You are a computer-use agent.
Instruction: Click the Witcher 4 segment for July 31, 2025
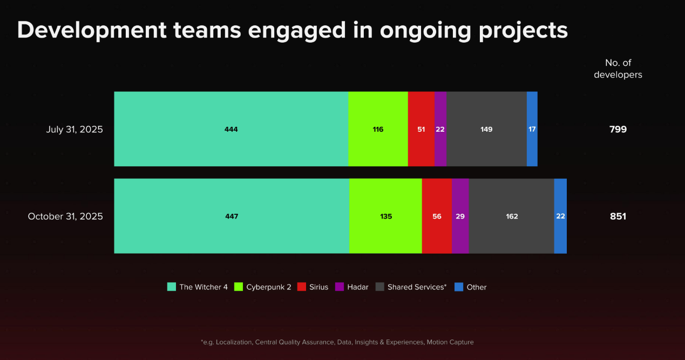coord(231,129)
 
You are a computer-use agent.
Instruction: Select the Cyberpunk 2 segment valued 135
coord(385,216)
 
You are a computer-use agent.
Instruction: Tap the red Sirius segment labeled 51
coord(421,129)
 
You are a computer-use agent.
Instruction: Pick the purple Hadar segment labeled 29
coord(460,216)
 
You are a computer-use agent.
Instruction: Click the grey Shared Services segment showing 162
coord(512,216)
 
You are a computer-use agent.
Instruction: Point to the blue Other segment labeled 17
coord(532,129)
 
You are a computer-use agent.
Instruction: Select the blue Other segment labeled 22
coord(560,216)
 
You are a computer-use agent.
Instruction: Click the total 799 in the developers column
coord(618,130)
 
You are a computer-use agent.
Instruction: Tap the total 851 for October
coord(618,216)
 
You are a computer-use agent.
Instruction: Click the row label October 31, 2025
coord(65,216)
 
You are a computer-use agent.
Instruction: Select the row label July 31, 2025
coord(74,130)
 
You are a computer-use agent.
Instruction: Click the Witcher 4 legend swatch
coord(172,287)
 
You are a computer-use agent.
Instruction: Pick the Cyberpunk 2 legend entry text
coord(269,287)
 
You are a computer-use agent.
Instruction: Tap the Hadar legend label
coord(357,287)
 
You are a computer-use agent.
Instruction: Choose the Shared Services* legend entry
coord(417,287)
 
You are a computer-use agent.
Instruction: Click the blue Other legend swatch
coord(459,287)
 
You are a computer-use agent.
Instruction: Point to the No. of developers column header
coord(618,69)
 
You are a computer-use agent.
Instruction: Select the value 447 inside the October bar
coord(232,216)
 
